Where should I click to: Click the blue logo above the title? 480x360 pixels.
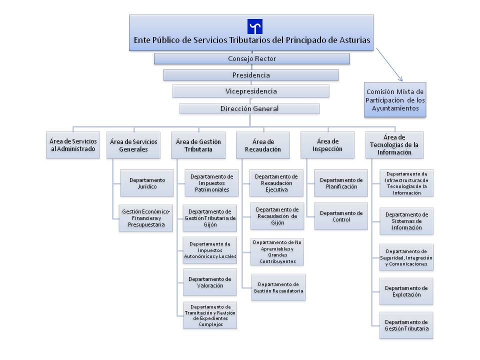254,26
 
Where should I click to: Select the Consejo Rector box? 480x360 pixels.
251,58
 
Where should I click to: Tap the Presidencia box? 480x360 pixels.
251,75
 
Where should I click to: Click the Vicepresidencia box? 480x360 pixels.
250,91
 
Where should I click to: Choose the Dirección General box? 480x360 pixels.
249,108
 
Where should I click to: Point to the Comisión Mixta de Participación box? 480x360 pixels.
395,100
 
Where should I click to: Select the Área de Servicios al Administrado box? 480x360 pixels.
73,145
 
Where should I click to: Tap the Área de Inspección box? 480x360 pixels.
327,145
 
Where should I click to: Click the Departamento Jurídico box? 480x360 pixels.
147,183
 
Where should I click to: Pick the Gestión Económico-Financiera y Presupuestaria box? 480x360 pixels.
146,218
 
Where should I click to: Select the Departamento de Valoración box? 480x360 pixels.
210,282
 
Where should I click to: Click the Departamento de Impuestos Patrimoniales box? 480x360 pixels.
211,183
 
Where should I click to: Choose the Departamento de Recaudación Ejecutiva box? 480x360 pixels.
276,183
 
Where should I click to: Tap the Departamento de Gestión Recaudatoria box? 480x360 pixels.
278,287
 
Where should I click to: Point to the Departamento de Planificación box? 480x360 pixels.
341,183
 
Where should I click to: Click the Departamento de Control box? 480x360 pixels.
341,216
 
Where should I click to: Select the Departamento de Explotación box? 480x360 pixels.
406,291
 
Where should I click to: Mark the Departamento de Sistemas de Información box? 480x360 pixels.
406,221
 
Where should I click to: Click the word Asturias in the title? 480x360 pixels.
355,40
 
